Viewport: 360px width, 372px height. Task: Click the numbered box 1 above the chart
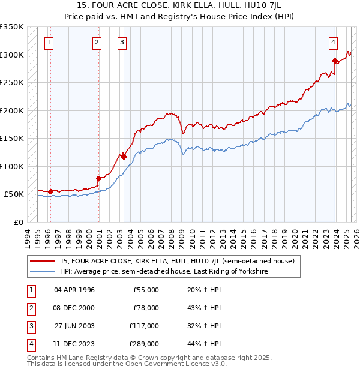click(x=48, y=42)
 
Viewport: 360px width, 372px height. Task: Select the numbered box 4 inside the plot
click(x=332, y=42)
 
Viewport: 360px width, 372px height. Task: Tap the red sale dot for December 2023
click(x=335, y=60)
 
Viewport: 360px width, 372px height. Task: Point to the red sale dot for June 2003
click(x=124, y=157)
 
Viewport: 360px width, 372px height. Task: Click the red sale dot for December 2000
click(x=98, y=178)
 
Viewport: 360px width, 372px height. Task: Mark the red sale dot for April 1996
click(x=50, y=191)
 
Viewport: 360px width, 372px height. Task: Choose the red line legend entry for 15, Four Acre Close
click(x=177, y=261)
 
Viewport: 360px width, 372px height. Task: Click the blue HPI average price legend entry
click(x=163, y=271)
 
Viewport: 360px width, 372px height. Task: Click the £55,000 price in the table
click(x=146, y=290)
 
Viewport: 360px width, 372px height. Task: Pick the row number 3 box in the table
click(x=30, y=326)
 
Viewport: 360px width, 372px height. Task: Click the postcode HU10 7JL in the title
click(x=272, y=6)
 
